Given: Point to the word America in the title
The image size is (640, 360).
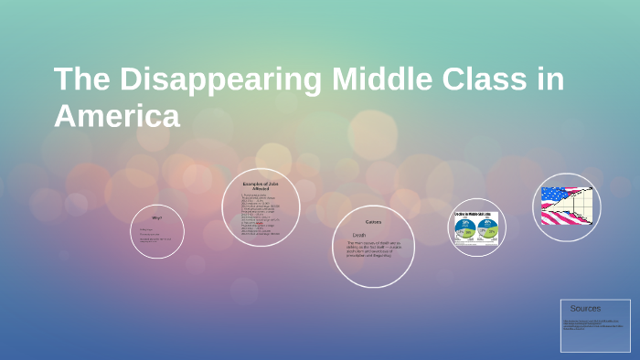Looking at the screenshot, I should pos(117,116).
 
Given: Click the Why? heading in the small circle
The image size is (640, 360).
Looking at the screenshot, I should pos(157,217).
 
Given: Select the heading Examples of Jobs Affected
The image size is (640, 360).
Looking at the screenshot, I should pos(261,186).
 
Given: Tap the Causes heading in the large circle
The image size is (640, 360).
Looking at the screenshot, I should pos(373,222).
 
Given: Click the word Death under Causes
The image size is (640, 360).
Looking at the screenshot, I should pos(359,234).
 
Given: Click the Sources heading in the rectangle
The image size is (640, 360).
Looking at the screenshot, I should pos(585,309).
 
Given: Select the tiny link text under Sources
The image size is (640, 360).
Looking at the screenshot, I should pos(594,324).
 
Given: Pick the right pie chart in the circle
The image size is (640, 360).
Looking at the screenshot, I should pos(487,227).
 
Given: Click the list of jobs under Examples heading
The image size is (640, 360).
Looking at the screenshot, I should pos(261,216).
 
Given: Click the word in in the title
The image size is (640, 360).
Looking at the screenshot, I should pos(549,80).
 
